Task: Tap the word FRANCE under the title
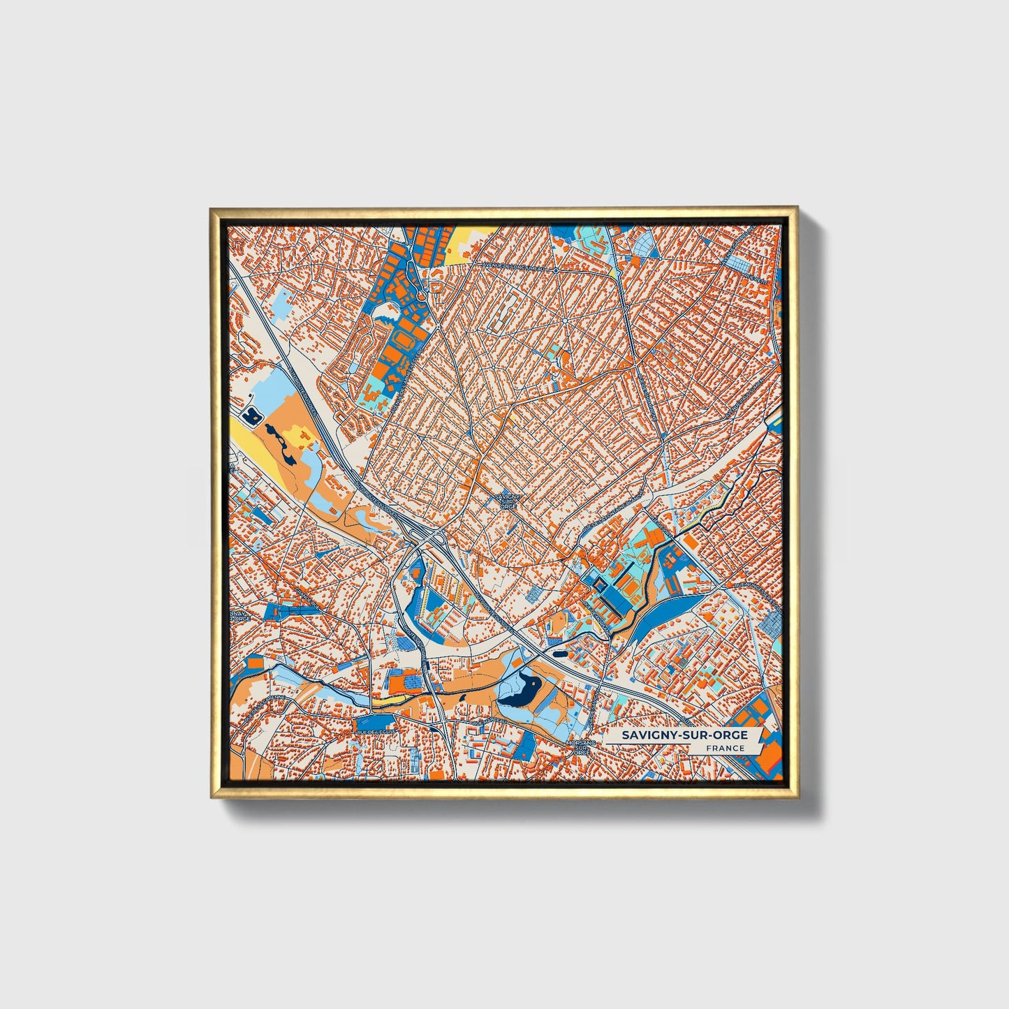coord(724,749)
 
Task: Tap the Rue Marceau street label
coord(488,723)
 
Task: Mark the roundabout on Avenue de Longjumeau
coord(555,269)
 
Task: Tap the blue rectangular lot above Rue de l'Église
coord(375,720)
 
